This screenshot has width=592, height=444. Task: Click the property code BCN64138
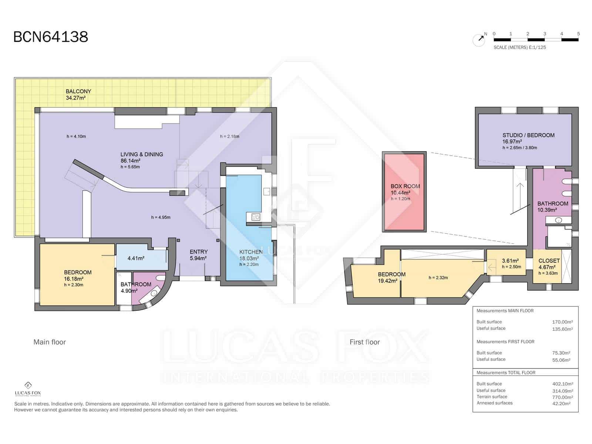pyautogui.click(x=51, y=37)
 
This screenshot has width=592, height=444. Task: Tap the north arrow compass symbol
pyautogui.click(x=479, y=40)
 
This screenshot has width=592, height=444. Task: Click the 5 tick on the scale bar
pyautogui.click(x=578, y=34)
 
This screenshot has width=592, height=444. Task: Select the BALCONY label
pyautogui.click(x=78, y=91)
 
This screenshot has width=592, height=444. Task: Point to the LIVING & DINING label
pyautogui.click(x=142, y=154)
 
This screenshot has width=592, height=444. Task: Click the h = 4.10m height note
pyautogui.click(x=76, y=137)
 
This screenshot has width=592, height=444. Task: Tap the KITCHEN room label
pyautogui.click(x=251, y=252)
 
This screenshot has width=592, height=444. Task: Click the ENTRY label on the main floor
pyautogui.click(x=199, y=252)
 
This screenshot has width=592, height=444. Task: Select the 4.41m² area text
pyautogui.click(x=136, y=258)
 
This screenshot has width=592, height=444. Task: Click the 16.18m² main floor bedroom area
pyautogui.click(x=74, y=279)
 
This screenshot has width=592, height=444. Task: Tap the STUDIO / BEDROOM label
pyautogui.click(x=528, y=135)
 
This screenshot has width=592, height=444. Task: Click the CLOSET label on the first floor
pyautogui.click(x=549, y=261)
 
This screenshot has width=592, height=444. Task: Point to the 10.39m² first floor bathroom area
pyautogui.click(x=547, y=210)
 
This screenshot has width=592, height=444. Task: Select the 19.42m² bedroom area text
pyautogui.click(x=388, y=281)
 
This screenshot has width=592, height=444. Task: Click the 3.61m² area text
pyautogui.click(x=510, y=260)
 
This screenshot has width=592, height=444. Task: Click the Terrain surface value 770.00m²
pyautogui.click(x=562, y=397)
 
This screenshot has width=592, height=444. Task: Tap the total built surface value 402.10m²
pyautogui.click(x=562, y=384)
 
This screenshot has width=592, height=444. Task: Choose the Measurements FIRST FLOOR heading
pyautogui.click(x=505, y=342)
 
